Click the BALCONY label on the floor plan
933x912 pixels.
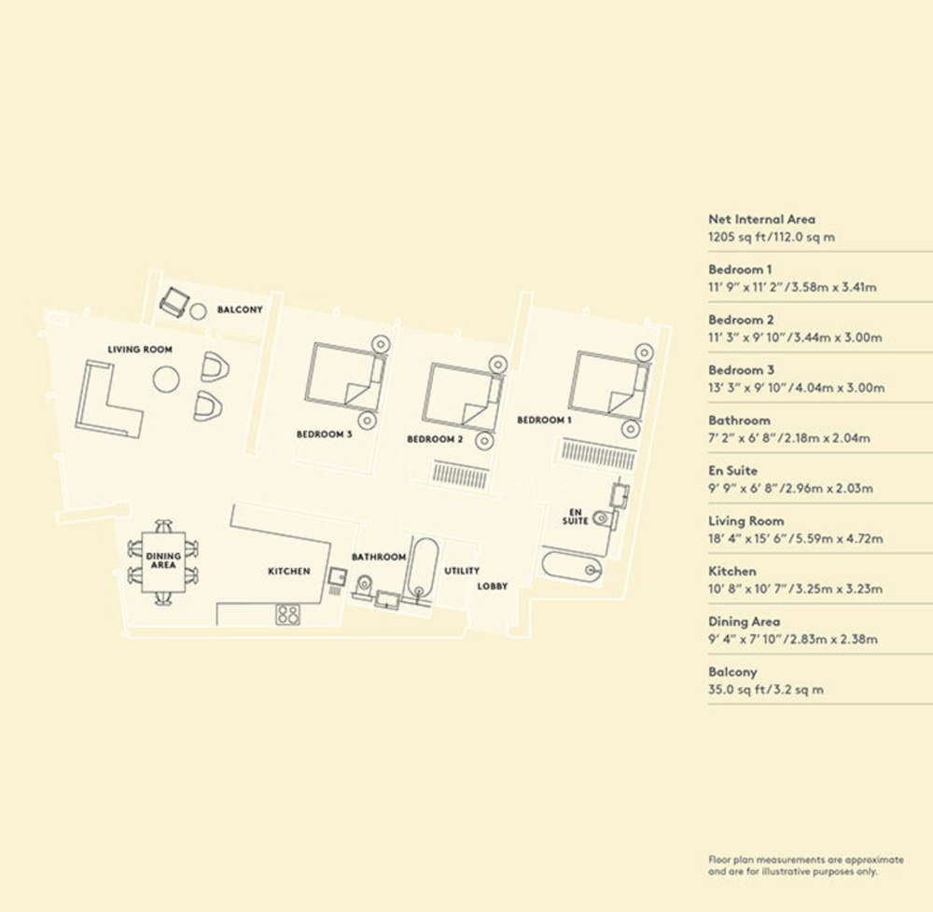coord(240,310)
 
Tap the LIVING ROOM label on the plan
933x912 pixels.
coord(140,350)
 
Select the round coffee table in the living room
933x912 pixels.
coord(166,380)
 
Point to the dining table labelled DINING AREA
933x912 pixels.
coord(163,562)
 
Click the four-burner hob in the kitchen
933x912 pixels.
coord(288,615)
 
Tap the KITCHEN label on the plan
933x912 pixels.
coord(289,572)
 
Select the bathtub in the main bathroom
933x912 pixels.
coord(423,568)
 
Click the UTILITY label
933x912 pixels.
coord(462,571)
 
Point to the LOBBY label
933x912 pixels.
coord(493,587)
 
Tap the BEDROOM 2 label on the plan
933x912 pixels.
coord(435,439)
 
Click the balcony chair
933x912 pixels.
coord(174,302)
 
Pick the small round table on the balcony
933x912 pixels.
coord(198,311)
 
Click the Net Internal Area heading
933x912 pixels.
coord(761,219)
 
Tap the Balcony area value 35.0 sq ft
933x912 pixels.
coord(735,690)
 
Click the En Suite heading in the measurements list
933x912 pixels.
coord(732,470)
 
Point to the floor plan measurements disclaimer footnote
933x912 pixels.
coord(806,865)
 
